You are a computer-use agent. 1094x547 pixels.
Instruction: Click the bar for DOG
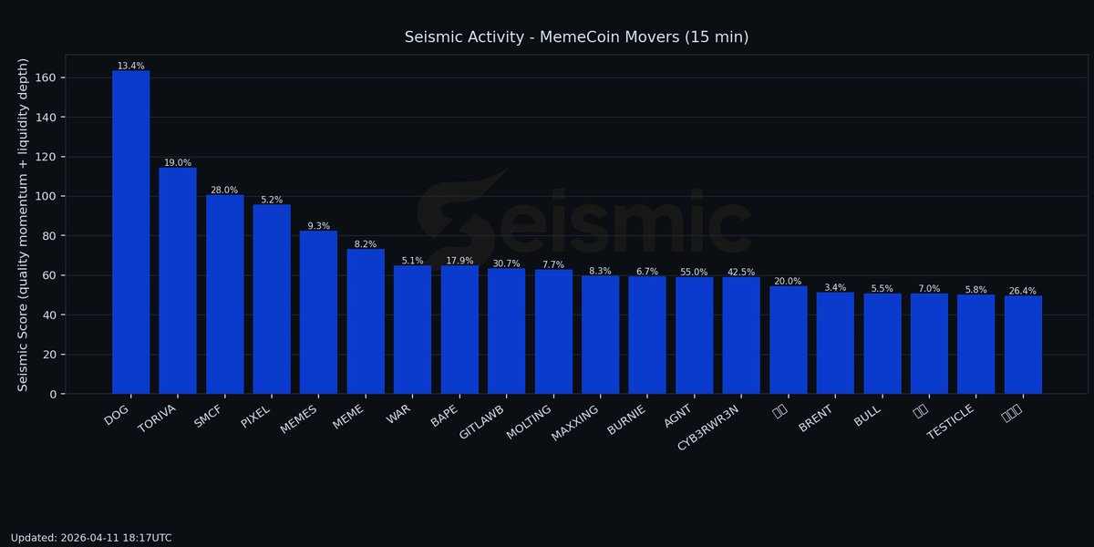tap(130, 232)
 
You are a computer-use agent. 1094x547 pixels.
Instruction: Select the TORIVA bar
tap(178, 281)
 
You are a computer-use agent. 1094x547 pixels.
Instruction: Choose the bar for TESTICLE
tap(975, 344)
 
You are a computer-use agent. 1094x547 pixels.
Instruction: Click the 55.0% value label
tap(694, 272)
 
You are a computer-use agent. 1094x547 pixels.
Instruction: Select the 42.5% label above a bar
tap(741, 272)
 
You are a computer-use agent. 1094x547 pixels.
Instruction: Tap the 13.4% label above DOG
tap(130, 66)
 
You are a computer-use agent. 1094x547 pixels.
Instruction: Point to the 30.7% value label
tap(506, 263)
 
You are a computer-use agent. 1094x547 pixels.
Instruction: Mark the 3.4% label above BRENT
tap(835, 287)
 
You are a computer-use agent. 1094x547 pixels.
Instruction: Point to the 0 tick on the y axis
tap(55, 394)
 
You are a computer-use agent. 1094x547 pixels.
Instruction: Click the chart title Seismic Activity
tap(576, 37)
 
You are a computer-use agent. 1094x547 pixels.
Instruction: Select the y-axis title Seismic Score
tap(24, 224)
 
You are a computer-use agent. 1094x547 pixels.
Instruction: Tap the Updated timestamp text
tap(91, 538)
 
